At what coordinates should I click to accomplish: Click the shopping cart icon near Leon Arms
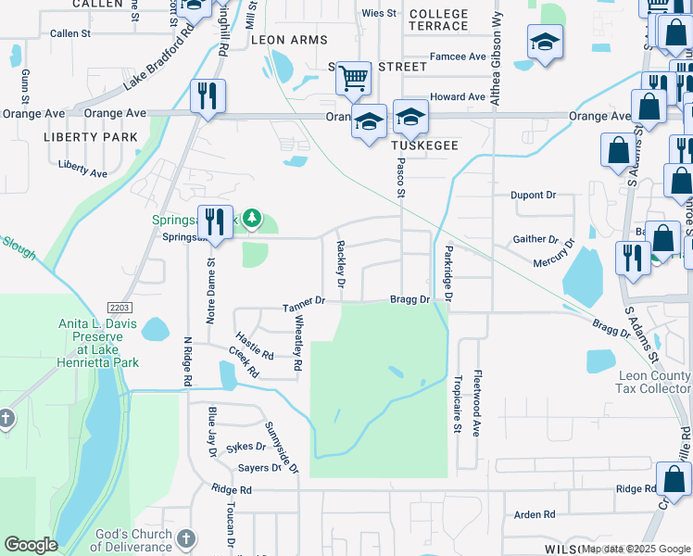tap(353, 79)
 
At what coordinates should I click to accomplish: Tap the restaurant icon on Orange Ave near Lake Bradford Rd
tap(208, 95)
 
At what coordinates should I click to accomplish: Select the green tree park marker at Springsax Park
tap(253, 221)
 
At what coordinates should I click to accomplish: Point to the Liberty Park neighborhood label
tap(91, 137)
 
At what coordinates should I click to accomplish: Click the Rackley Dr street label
tap(341, 263)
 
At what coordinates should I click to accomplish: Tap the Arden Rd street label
tap(534, 514)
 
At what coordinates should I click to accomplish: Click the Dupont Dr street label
tap(533, 196)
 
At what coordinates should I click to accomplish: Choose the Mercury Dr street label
tap(553, 253)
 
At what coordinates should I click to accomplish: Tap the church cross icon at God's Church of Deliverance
tap(185, 538)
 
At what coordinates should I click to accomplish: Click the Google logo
tap(31, 545)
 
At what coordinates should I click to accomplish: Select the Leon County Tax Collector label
tap(654, 382)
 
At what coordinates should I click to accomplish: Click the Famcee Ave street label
tap(459, 57)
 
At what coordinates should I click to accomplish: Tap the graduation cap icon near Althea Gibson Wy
tap(544, 42)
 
